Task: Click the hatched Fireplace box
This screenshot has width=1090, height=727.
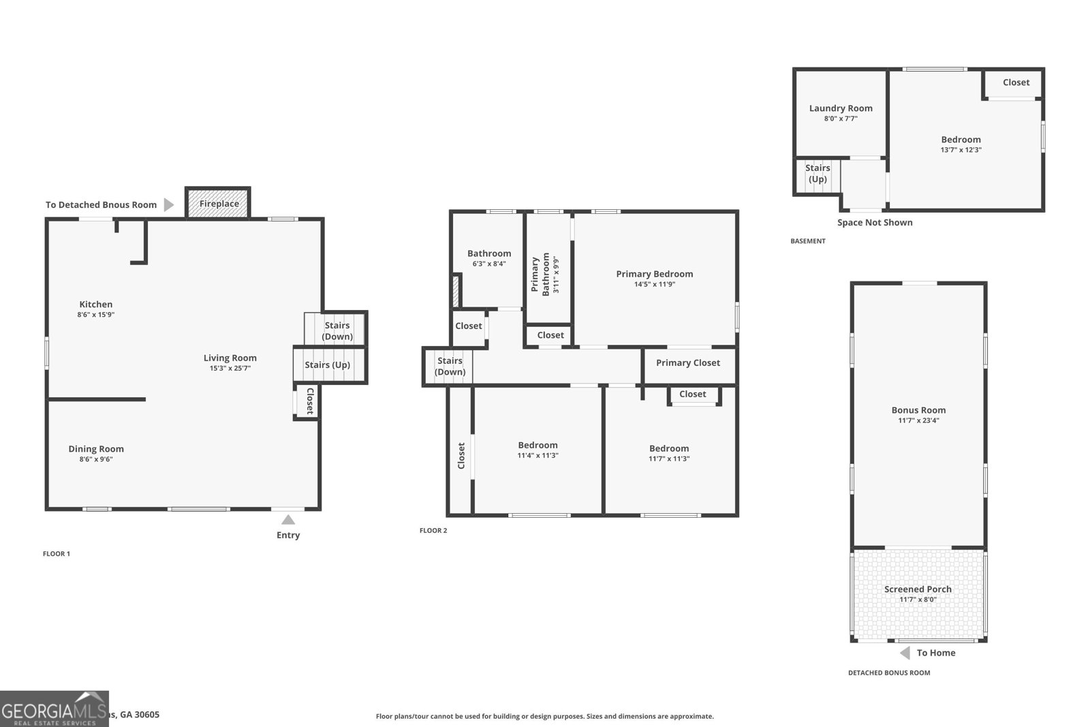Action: tap(218, 203)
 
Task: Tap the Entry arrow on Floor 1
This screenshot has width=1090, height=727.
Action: tap(288, 520)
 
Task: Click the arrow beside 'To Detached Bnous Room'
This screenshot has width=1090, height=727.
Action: tap(169, 204)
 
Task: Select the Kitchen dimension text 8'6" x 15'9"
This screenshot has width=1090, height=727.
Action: tap(96, 315)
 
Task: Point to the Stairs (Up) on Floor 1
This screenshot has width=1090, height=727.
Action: tap(328, 365)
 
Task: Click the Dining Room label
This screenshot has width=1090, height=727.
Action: tap(96, 449)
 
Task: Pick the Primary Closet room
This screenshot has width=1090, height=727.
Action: tap(688, 363)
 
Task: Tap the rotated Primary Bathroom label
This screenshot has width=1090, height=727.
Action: tap(540, 274)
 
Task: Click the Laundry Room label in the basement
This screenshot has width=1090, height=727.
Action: tap(841, 108)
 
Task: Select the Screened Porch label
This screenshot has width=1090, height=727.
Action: tap(918, 589)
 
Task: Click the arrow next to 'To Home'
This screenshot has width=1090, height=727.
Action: tap(905, 653)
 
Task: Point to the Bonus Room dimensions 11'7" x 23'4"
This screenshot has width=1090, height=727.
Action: tap(918, 420)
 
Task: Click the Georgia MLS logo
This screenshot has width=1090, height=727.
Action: tap(54, 709)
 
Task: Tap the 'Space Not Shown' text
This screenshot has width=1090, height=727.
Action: tap(875, 223)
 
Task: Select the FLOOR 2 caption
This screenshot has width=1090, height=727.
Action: tap(433, 531)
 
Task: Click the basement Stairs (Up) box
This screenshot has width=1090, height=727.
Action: tap(817, 174)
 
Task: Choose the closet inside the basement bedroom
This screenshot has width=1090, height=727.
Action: tap(1016, 82)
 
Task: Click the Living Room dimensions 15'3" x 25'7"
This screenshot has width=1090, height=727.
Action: tap(230, 369)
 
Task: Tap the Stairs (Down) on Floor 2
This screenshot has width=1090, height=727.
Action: tap(450, 367)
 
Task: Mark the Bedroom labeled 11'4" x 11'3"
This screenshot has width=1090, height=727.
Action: tap(538, 450)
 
